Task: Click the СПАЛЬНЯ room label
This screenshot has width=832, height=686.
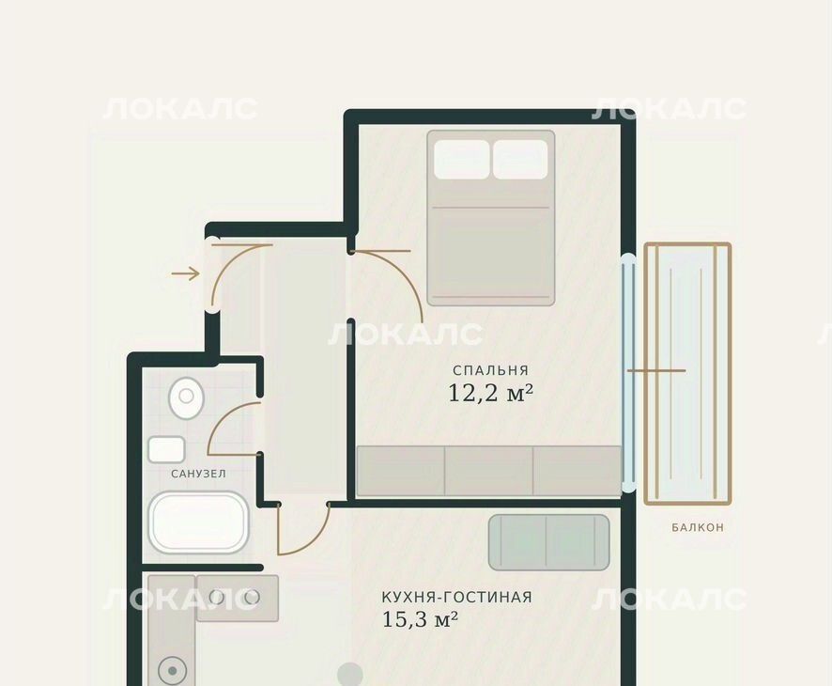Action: [490, 370]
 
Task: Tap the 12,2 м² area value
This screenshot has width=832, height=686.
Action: [490, 394]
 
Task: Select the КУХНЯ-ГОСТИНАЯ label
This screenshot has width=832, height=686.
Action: [456, 597]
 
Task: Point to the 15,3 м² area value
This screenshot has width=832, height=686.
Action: [420, 619]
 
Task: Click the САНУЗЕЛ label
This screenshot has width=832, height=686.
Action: [198, 474]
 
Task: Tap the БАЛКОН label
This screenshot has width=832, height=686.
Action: [697, 527]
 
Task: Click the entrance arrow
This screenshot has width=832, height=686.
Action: [185, 274]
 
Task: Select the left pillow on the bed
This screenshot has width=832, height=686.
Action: [462, 160]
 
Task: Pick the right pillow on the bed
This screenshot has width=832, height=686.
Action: [520, 160]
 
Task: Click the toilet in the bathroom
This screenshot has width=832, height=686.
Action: [186, 398]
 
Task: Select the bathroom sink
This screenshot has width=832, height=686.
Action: [166, 450]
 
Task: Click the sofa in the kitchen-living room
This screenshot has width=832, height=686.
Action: [548, 542]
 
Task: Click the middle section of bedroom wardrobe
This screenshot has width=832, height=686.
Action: [488, 471]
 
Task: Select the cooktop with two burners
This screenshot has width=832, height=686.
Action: [238, 598]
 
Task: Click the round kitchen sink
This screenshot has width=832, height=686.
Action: [172, 671]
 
